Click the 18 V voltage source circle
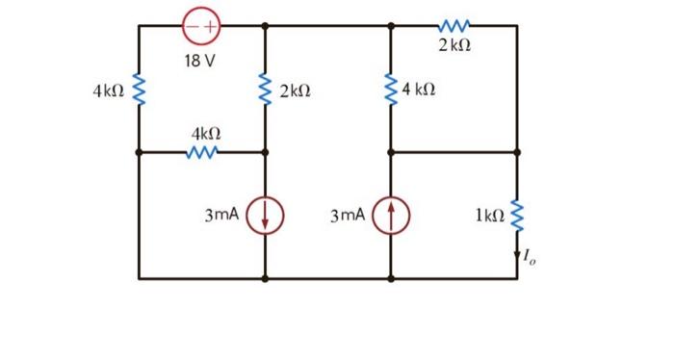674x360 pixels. [200, 26]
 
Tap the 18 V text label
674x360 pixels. [200, 61]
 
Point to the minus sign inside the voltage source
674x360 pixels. [192, 26]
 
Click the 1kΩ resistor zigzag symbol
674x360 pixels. [517, 216]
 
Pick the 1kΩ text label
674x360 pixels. [488, 216]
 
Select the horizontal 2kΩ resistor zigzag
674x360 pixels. [454, 25]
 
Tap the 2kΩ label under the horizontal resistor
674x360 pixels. [454, 45]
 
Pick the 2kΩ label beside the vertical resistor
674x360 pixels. [295, 91]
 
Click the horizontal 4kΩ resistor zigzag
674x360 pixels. [203, 151]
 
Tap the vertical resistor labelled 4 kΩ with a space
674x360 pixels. [391, 90]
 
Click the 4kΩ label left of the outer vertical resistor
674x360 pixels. [108, 91]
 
